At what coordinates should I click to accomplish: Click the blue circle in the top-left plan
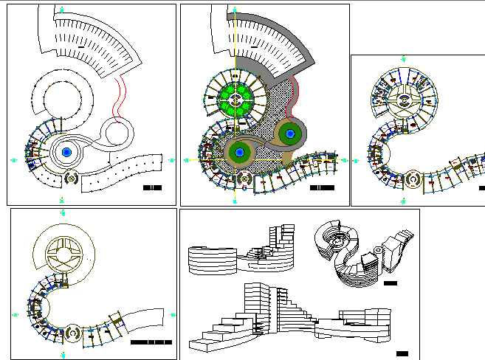tap(67, 152)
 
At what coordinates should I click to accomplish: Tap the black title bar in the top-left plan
tap(152, 188)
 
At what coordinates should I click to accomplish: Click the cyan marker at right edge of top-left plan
tap(172, 159)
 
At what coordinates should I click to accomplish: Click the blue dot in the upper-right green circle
tap(290, 134)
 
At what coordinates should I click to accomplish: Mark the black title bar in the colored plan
tap(321, 188)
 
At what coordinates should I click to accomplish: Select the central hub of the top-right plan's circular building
tap(404, 100)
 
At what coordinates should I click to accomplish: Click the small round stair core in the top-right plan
tap(412, 179)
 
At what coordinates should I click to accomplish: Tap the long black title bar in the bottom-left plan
tap(151, 343)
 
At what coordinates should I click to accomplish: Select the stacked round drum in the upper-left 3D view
tap(212, 259)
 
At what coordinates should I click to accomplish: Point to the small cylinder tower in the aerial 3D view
tap(377, 252)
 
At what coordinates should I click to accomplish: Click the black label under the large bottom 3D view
tap(402, 351)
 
